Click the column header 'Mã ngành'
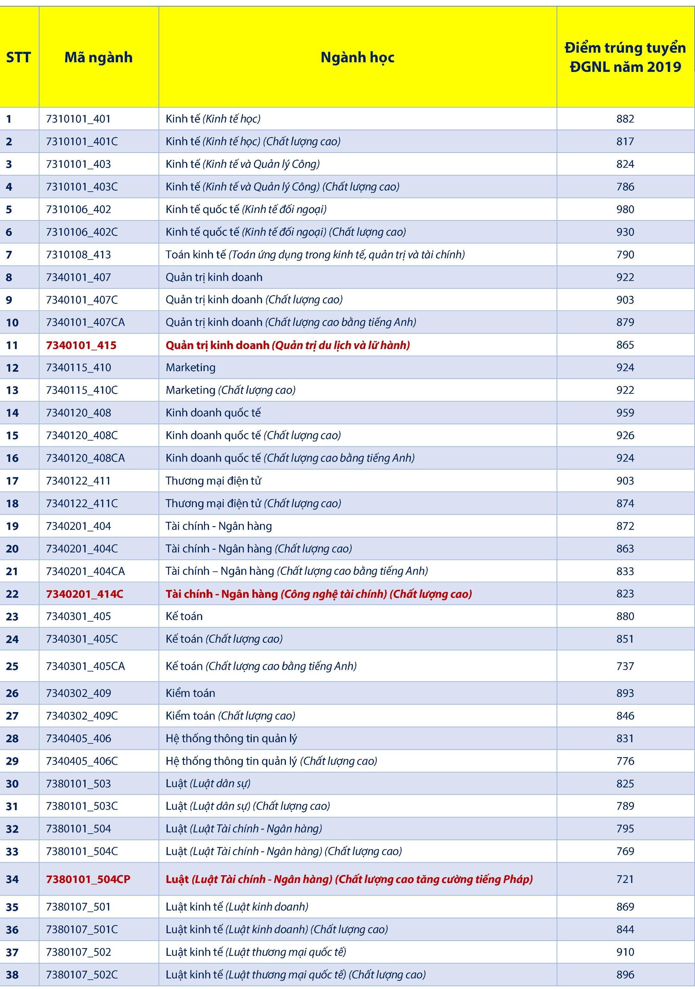click(x=98, y=57)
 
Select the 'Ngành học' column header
click(x=357, y=57)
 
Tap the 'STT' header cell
click(x=19, y=57)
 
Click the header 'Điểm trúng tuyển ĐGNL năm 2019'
click(x=625, y=57)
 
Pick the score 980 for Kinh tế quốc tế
click(x=625, y=209)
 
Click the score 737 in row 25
click(x=625, y=666)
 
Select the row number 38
click(x=12, y=975)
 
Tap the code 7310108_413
click(x=78, y=255)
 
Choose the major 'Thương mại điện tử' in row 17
click(x=213, y=481)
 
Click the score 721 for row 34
click(x=625, y=879)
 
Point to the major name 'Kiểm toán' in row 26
click(x=190, y=693)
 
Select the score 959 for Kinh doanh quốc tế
click(x=625, y=413)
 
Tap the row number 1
click(x=9, y=119)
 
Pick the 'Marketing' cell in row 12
click(x=190, y=367)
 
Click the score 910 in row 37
click(x=625, y=952)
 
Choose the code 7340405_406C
click(x=82, y=761)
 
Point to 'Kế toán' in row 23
click(x=184, y=616)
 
